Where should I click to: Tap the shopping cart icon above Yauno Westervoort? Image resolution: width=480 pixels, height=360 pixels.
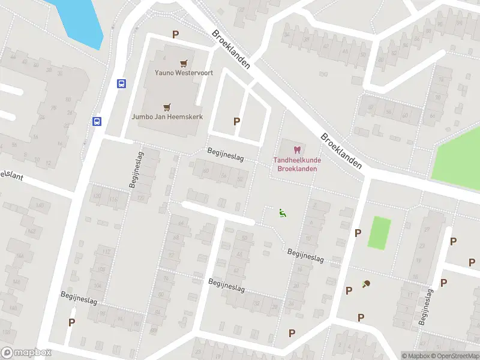click(x=184, y=63)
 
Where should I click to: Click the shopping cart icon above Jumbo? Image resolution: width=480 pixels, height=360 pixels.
click(x=167, y=107)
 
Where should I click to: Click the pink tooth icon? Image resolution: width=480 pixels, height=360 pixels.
click(x=295, y=149)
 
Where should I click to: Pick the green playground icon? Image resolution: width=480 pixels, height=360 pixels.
click(x=282, y=212)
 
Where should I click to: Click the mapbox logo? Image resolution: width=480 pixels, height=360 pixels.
click(x=27, y=353)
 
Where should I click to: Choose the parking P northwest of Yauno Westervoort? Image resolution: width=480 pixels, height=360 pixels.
click(x=176, y=35)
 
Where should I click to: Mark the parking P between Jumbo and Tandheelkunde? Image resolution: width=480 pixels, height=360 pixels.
click(x=237, y=121)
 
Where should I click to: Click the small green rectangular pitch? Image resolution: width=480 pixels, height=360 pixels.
click(x=379, y=233)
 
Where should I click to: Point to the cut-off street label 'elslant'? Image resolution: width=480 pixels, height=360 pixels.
click(x=8, y=174)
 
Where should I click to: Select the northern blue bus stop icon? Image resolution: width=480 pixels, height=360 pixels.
click(x=121, y=83)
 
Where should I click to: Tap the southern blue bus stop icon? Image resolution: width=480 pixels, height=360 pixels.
click(x=96, y=121)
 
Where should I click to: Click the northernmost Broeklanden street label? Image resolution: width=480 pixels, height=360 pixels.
click(x=231, y=49)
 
